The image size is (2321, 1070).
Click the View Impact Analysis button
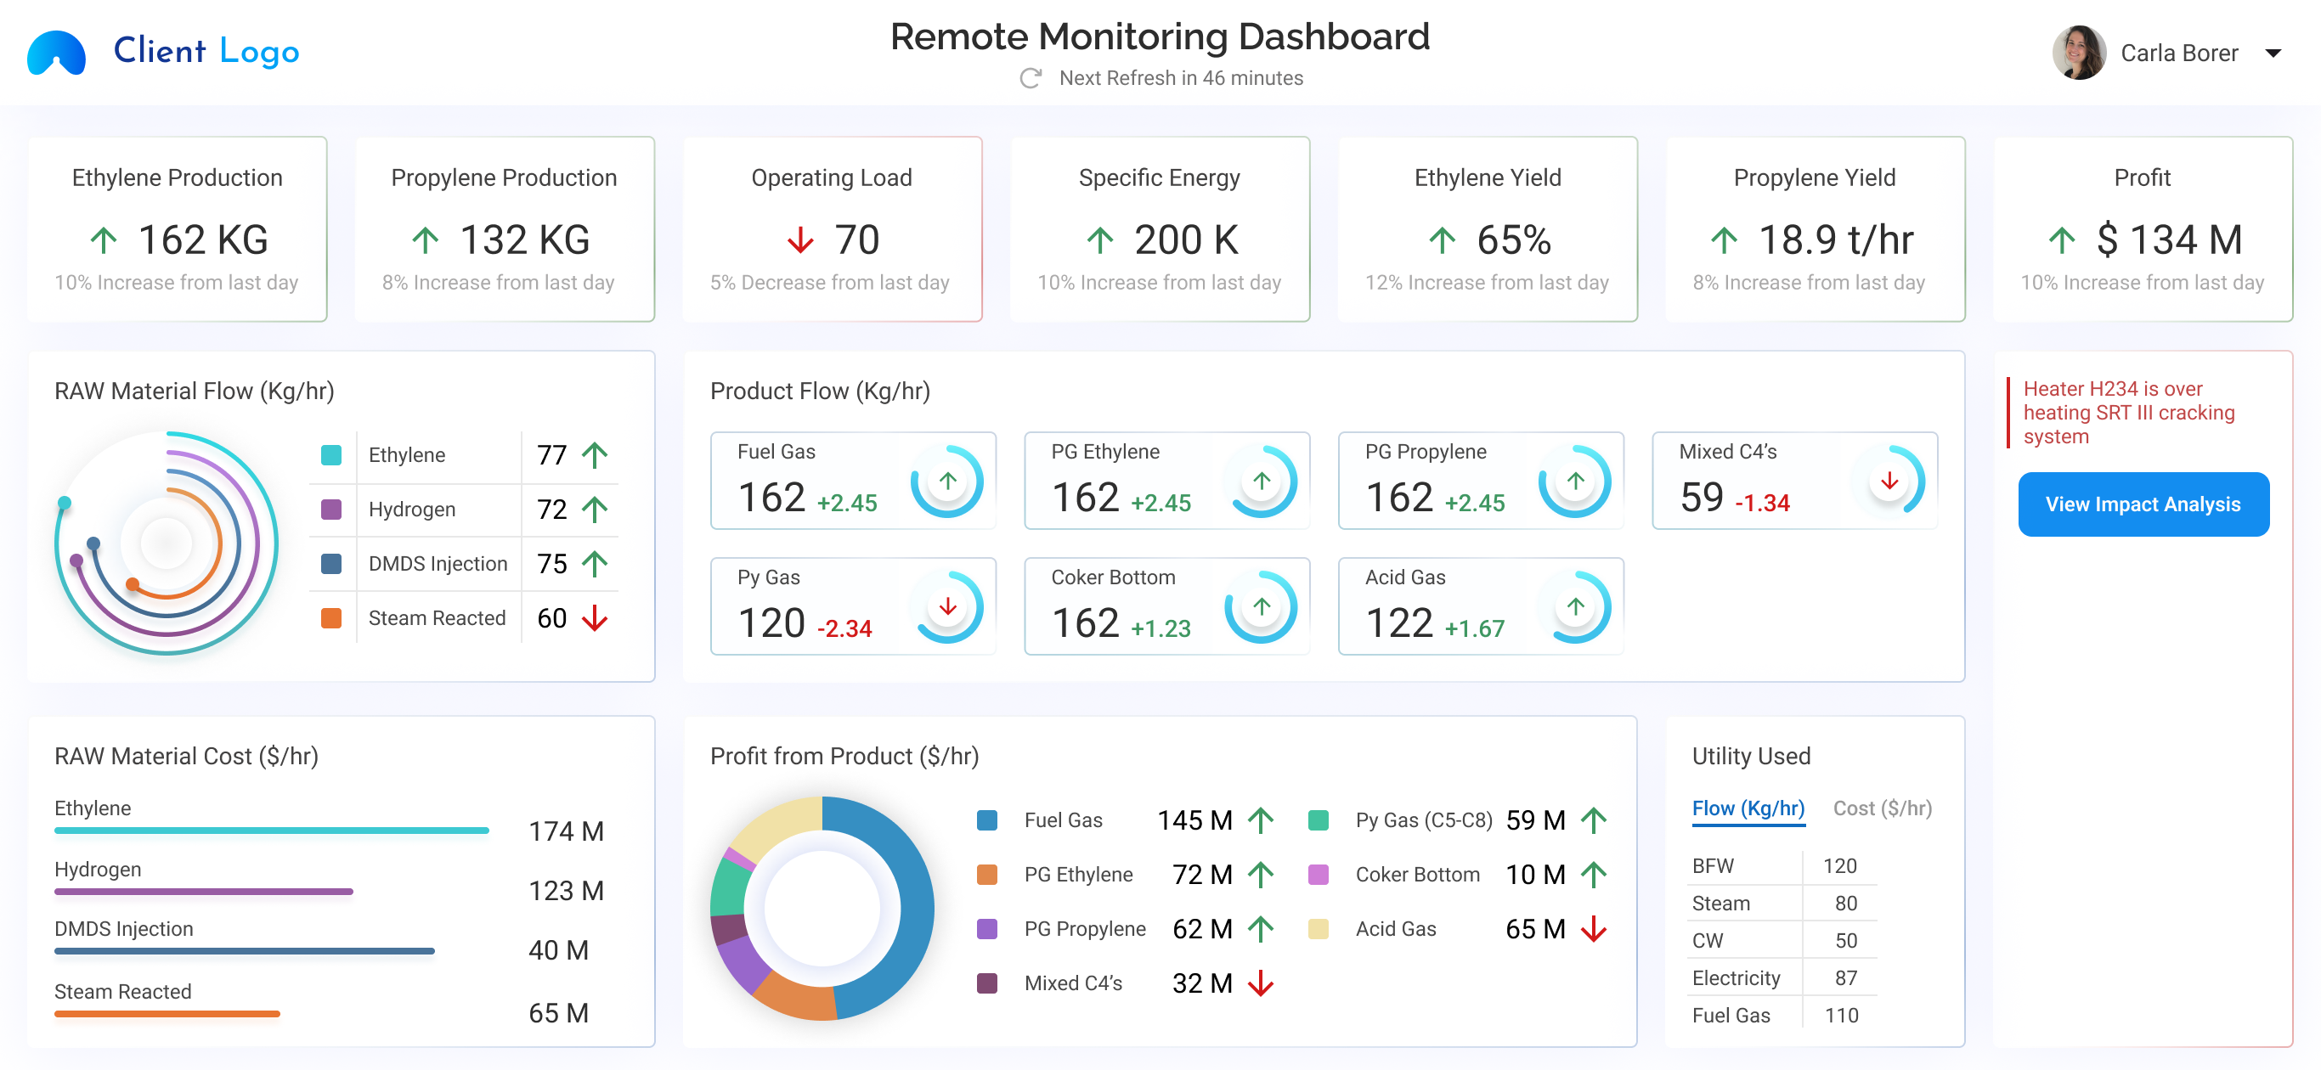[x=2143, y=504]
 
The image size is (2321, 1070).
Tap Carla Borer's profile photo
[x=2078, y=53]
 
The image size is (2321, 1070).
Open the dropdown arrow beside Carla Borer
[x=2273, y=53]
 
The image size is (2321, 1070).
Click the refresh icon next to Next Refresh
[x=1030, y=78]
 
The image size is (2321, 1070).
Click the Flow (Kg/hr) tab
[x=1747, y=808]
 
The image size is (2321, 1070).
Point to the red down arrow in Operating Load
[x=799, y=240]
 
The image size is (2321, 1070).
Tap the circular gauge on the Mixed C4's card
[x=1889, y=481]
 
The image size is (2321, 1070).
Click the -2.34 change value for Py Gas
[x=844, y=628]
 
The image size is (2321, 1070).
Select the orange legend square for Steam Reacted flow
[x=331, y=618]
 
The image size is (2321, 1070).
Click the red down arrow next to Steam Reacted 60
[x=595, y=618]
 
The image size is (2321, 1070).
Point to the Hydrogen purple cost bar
[x=204, y=891]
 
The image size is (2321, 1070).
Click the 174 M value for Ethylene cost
[x=566, y=831]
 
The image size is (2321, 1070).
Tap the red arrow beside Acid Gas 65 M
[x=1593, y=928]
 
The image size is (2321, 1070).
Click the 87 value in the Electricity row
[x=1845, y=977]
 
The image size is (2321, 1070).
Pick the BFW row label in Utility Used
[x=1712, y=865]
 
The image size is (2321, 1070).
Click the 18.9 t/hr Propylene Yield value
[x=1835, y=239]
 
